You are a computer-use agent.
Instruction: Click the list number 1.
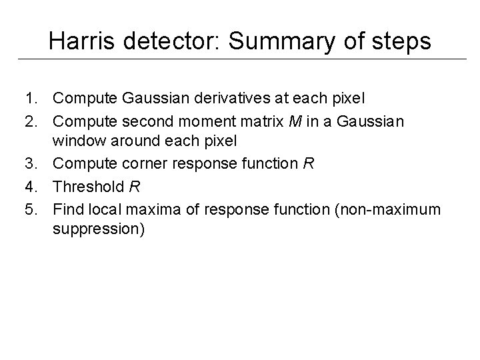[31, 99]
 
